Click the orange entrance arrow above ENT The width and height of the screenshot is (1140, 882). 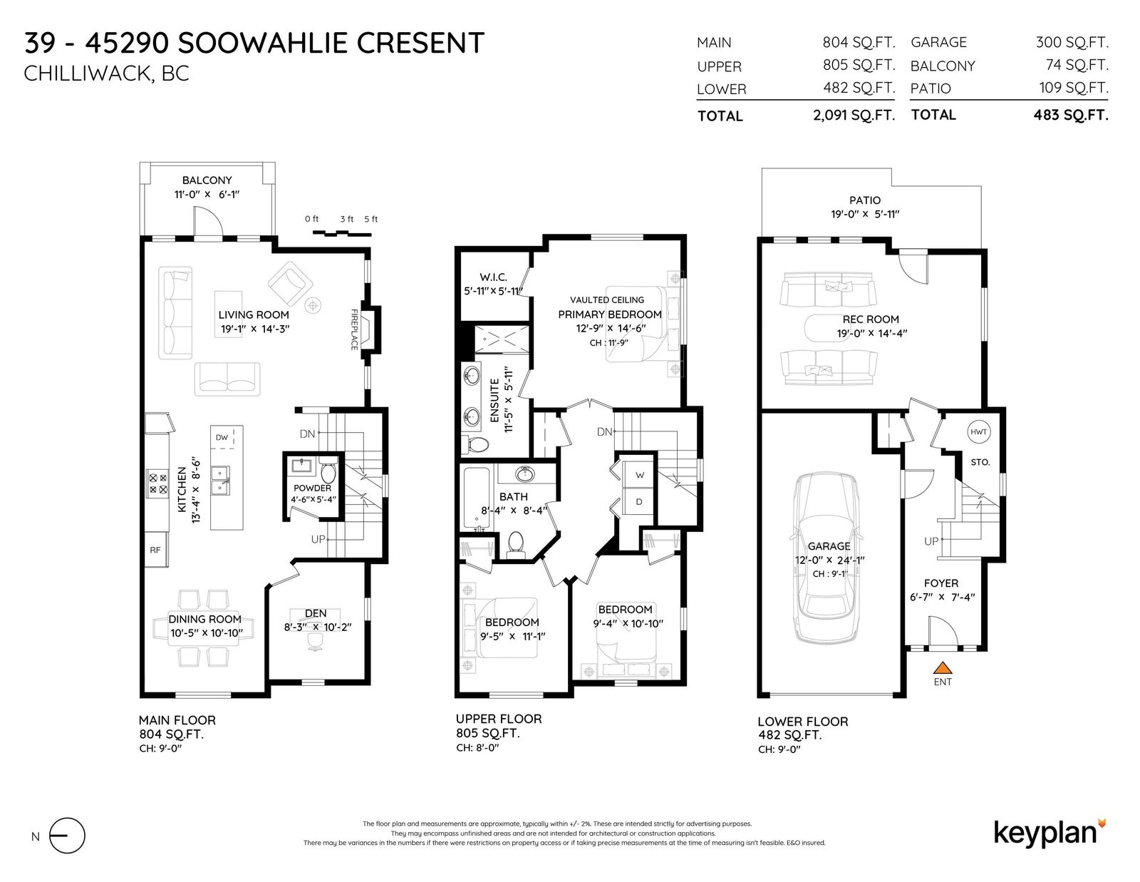pyautogui.click(x=943, y=667)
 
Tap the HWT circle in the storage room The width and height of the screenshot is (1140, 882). pyautogui.click(x=978, y=432)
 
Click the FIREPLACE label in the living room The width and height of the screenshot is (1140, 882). pyautogui.click(x=354, y=329)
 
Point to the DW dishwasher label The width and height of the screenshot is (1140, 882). pyautogui.click(x=222, y=437)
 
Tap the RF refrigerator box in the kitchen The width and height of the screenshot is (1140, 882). pyautogui.click(x=156, y=550)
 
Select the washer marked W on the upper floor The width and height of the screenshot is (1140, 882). pyautogui.click(x=638, y=474)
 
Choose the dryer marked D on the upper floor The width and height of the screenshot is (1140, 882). pyautogui.click(x=638, y=501)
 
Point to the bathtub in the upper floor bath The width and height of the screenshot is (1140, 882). pyautogui.click(x=477, y=498)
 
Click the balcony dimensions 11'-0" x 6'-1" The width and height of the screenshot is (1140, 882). pyautogui.click(x=207, y=194)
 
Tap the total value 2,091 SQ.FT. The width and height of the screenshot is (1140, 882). pyautogui.click(x=854, y=115)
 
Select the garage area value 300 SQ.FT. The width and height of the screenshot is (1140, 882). pyautogui.click(x=1072, y=43)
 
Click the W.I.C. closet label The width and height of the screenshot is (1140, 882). pyautogui.click(x=493, y=277)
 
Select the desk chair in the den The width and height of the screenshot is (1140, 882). pyautogui.click(x=316, y=642)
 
